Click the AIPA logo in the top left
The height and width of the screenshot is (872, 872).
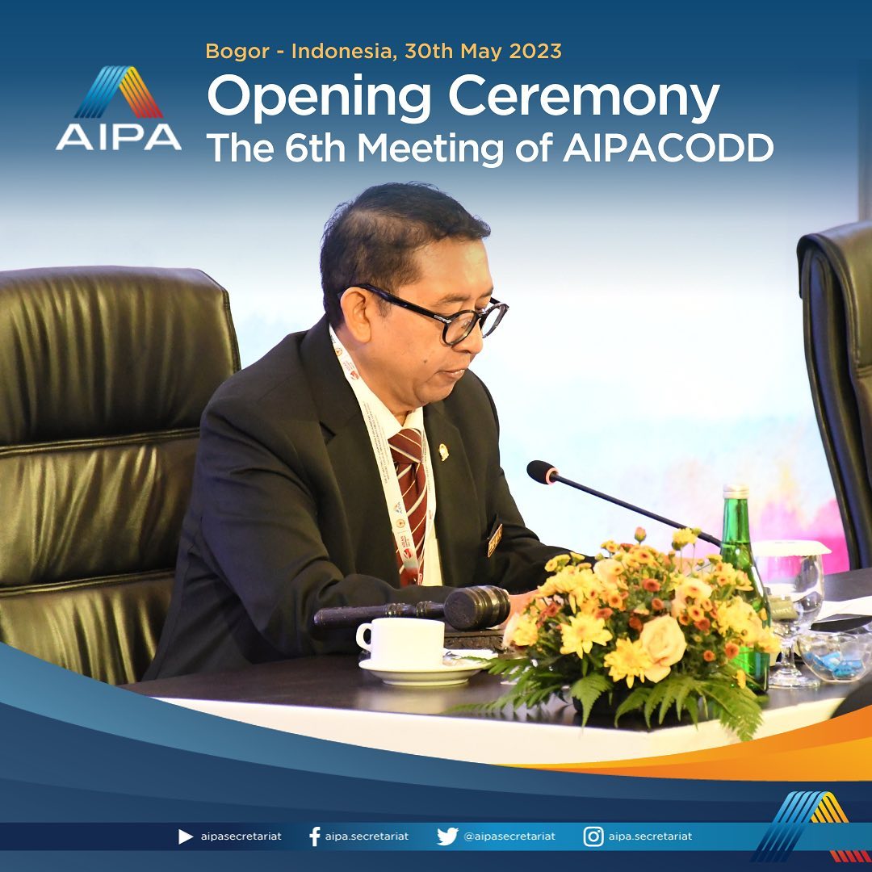(119, 108)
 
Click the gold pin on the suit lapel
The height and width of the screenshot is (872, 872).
(443, 451)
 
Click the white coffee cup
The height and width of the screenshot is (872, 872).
(401, 643)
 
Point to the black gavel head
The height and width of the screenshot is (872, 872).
(477, 607)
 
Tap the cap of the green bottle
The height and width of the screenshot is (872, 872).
(736, 491)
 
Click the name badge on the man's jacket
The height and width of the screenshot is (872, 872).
(494, 539)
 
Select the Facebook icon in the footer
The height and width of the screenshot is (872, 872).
(315, 836)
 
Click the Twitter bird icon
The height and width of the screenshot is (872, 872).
(447, 836)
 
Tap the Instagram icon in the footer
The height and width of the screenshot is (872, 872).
(593, 836)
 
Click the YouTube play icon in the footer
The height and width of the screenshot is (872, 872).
(186, 836)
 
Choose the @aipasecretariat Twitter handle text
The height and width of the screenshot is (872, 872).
(509, 836)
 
